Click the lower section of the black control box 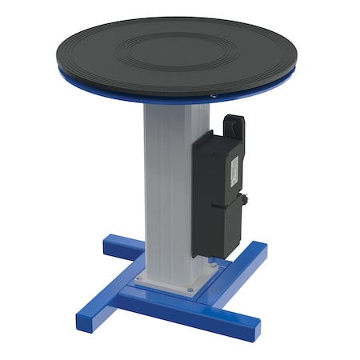pyautogui.click(x=218, y=228)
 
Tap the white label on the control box pyautogui.click(x=234, y=169)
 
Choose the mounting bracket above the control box pyautogui.click(x=234, y=126)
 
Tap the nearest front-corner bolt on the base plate pyautogui.click(x=190, y=290)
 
